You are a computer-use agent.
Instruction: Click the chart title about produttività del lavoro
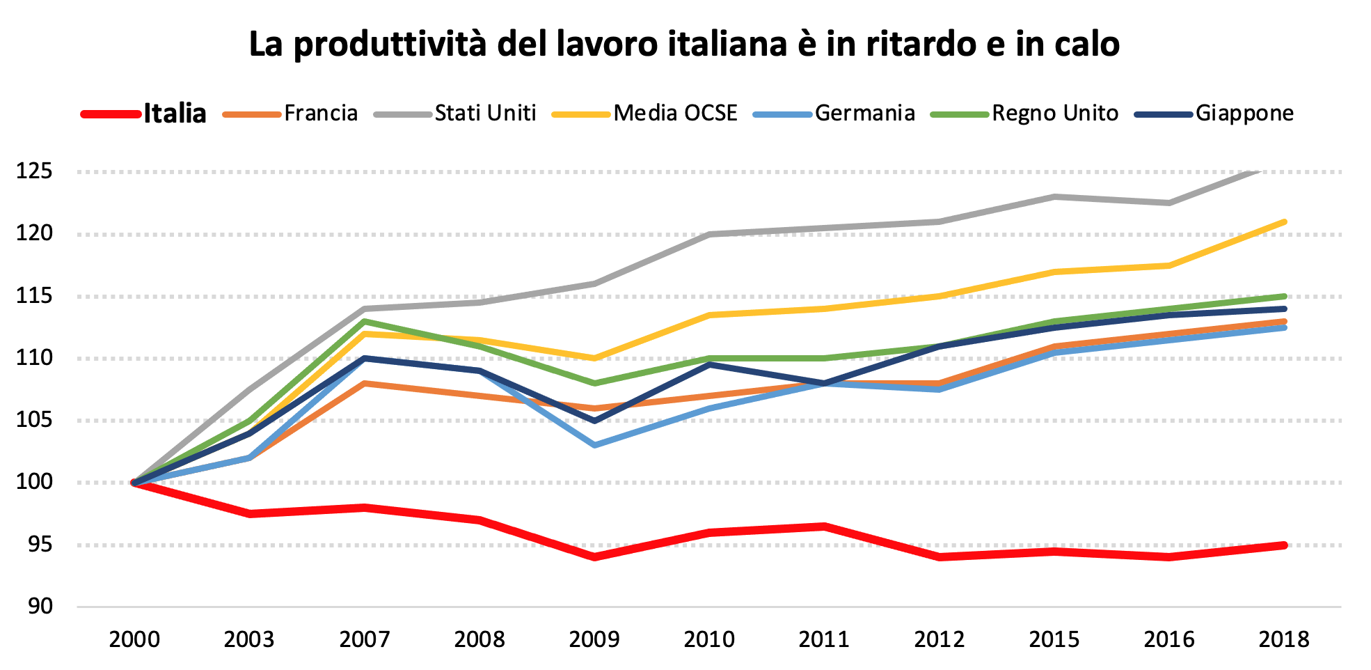point(684,44)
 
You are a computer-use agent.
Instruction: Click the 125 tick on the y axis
point(35,171)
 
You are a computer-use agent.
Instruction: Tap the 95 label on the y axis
point(40,545)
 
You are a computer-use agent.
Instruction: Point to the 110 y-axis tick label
point(35,358)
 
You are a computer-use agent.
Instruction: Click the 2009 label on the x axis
point(594,639)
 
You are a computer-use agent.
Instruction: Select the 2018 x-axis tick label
point(1284,639)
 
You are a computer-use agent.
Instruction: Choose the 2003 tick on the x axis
point(249,639)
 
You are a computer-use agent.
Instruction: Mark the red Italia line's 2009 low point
point(594,557)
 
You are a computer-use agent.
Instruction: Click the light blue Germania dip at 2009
point(594,444)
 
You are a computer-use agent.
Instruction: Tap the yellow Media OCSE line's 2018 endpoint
point(1284,222)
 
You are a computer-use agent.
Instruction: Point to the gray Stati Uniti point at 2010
point(709,235)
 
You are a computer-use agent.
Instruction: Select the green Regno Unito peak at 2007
point(365,321)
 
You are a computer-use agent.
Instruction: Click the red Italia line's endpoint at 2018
point(1284,545)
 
